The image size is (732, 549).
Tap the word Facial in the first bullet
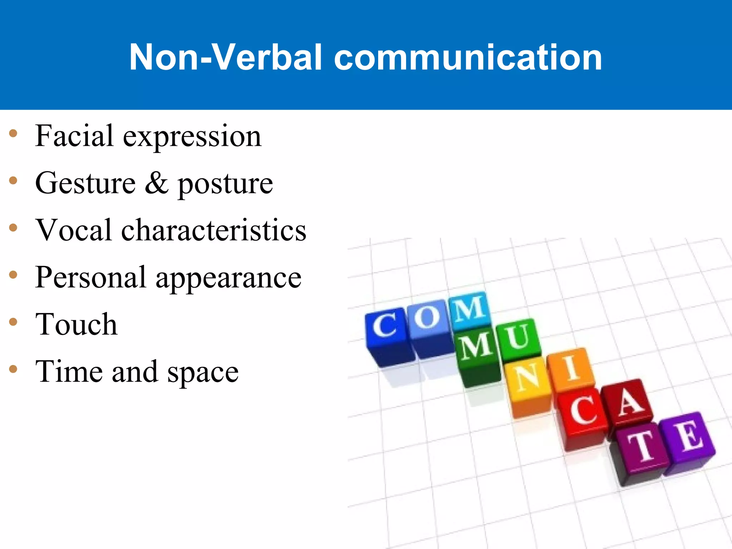pyautogui.click(x=74, y=136)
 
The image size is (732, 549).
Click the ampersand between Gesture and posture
pyautogui.click(x=157, y=183)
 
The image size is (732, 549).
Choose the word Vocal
pyautogui.click(x=74, y=230)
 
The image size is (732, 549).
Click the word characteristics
pyautogui.click(x=214, y=230)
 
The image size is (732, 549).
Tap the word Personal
pyautogui.click(x=91, y=277)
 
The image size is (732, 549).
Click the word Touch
pyautogui.click(x=76, y=325)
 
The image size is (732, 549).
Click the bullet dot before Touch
pyautogui.click(x=13, y=322)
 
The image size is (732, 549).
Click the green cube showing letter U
pyautogui.click(x=518, y=338)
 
